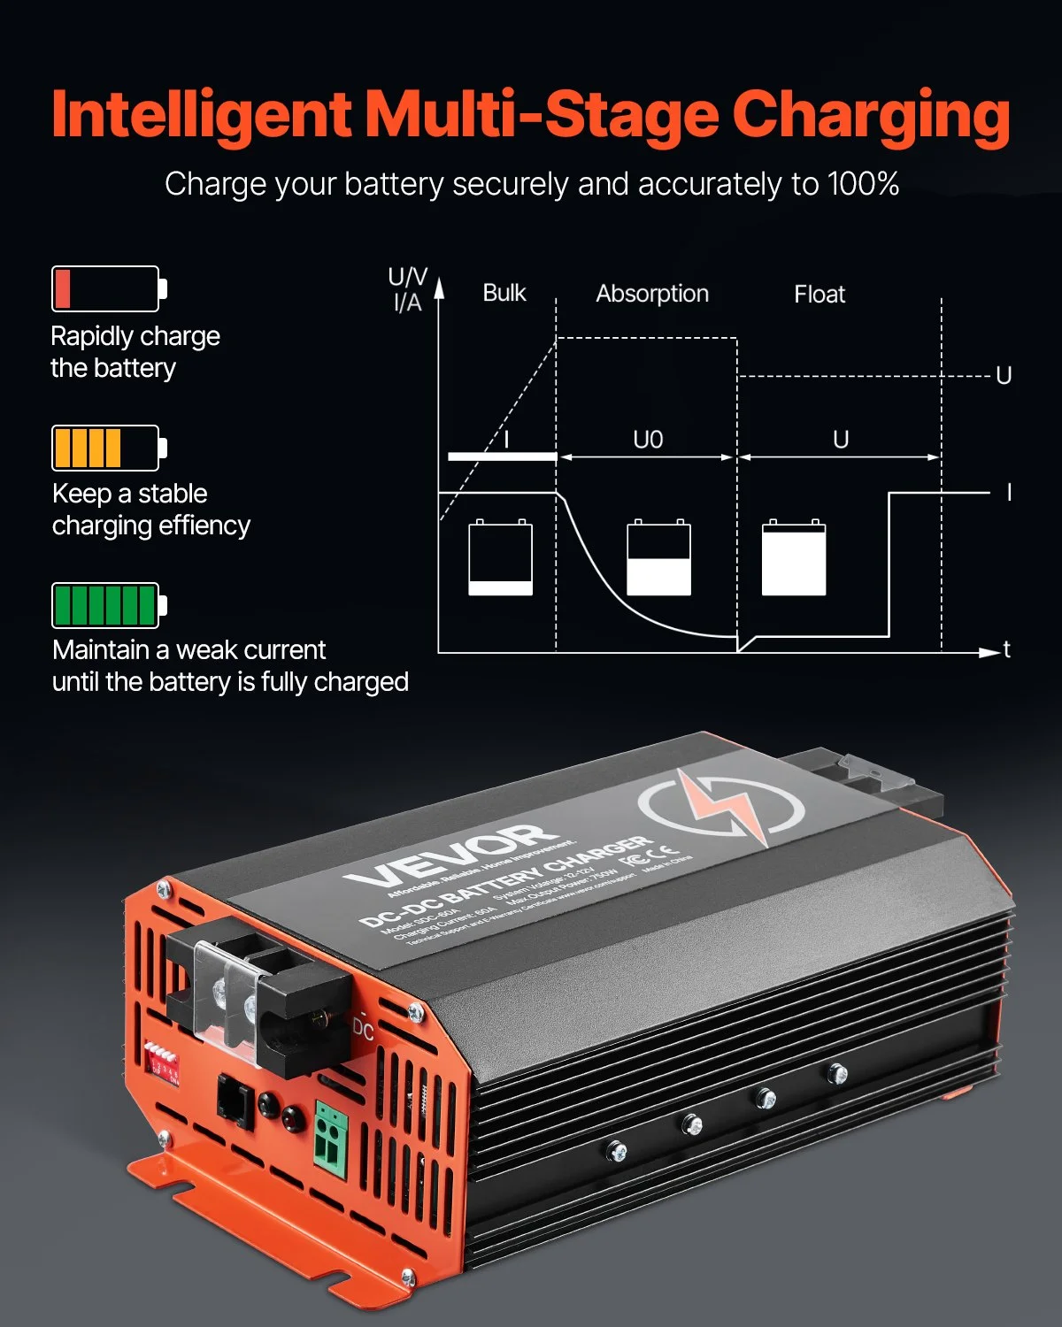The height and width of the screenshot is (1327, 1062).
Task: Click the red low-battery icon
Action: point(109,288)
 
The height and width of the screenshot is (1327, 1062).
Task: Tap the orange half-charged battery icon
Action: point(109,448)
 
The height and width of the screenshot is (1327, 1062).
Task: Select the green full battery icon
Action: point(109,605)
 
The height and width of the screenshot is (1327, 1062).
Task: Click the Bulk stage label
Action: point(504,293)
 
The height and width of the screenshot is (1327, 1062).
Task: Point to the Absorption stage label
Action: point(652,294)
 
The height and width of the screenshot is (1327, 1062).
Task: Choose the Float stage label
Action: point(820,295)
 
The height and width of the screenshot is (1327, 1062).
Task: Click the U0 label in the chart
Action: point(648,440)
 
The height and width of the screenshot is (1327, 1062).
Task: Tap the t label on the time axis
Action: point(1007,650)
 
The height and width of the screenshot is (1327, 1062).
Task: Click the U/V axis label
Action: point(408,277)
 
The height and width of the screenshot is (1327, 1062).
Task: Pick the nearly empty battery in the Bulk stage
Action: point(501,557)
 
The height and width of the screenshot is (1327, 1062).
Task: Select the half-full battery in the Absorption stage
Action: point(659,557)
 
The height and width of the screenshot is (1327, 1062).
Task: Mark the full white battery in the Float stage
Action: point(794,557)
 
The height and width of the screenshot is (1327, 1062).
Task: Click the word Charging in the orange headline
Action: point(871,116)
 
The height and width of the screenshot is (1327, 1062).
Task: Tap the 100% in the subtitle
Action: point(863,184)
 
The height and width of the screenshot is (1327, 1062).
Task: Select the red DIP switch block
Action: point(164,1061)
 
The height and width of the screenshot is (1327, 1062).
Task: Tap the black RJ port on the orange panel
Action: point(235,1101)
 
